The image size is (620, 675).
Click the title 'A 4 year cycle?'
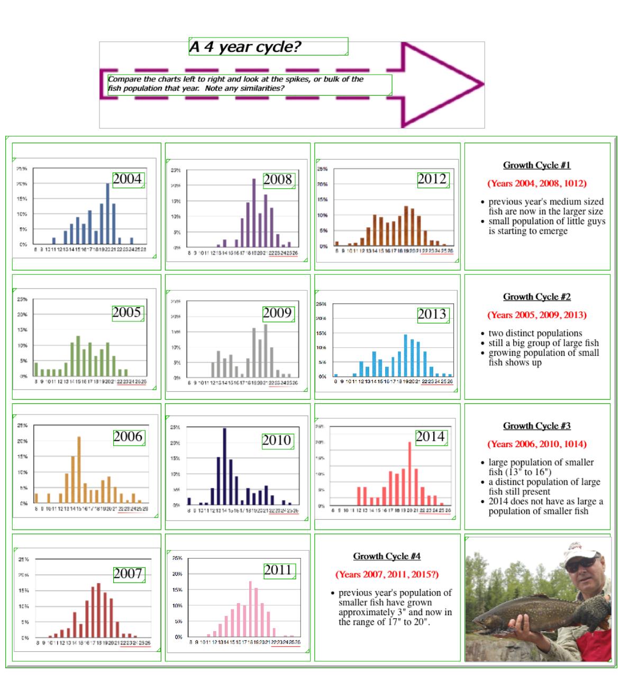(x=245, y=47)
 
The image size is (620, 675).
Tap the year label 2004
(x=127, y=179)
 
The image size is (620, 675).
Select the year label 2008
(x=278, y=180)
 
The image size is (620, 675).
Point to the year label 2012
(x=432, y=179)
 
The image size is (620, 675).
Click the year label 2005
(x=127, y=312)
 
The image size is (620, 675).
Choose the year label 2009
(x=277, y=313)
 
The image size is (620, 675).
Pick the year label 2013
(x=432, y=315)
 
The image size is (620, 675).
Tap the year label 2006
(x=128, y=437)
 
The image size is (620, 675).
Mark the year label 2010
(x=277, y=440)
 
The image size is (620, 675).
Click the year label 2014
(x=430, y=437)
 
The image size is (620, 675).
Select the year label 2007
(x=128, y=574)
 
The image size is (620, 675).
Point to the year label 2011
(x=278, y=570)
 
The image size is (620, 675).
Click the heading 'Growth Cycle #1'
(x=536, y=165)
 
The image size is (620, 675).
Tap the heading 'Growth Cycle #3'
(x=536, y=426)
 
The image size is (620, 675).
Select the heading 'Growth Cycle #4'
(x=387, y=556)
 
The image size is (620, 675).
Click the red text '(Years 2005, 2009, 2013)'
(x=536, y=315)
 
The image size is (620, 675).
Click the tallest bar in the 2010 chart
(x=224, y=465)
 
